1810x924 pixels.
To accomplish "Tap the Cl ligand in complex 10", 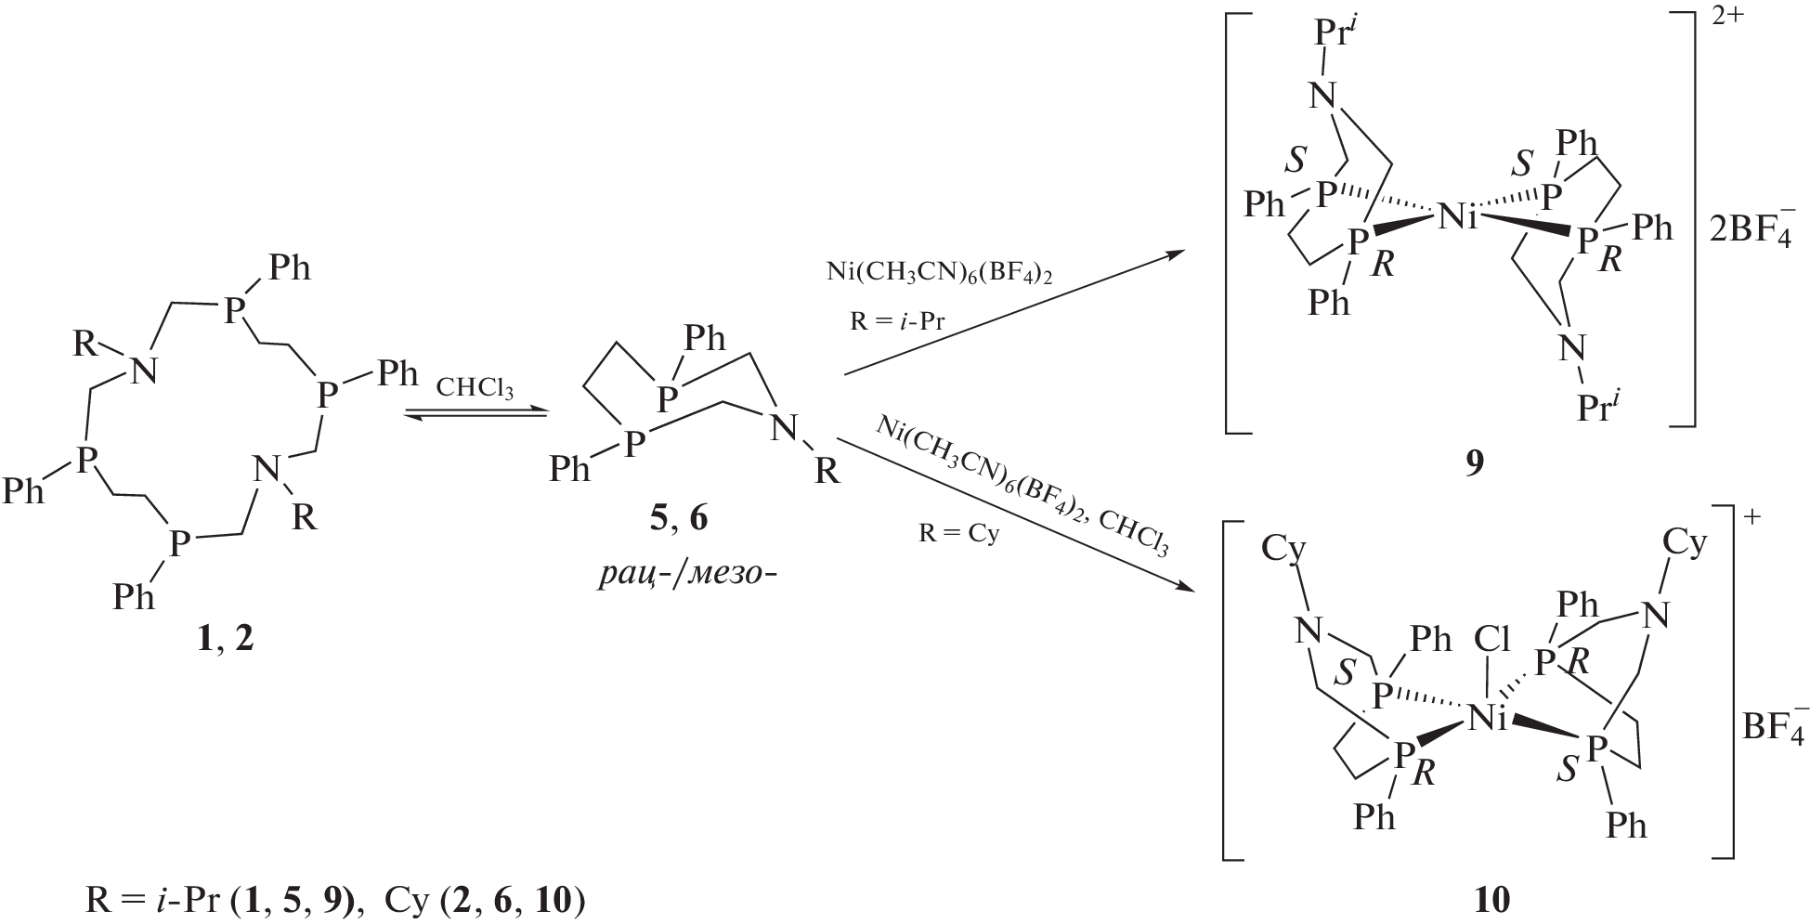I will pyautogui.click(x=1492, y=640).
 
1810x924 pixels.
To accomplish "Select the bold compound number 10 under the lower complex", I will pyautogui.click(x=1491, y=898).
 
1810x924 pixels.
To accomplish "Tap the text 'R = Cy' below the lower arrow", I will pyautogui.click(x=958, y=536).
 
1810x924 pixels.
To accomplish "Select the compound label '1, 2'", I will pyautogui.click(x=225, y=641).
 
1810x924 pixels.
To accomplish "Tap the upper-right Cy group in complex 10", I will pyautogui.click(x=1684, y=545).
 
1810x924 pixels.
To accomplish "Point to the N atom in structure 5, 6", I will pyautogui.click(x=786, y=429).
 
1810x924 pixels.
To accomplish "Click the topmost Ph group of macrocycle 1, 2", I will pyautogui.click(x=289, y=270).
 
